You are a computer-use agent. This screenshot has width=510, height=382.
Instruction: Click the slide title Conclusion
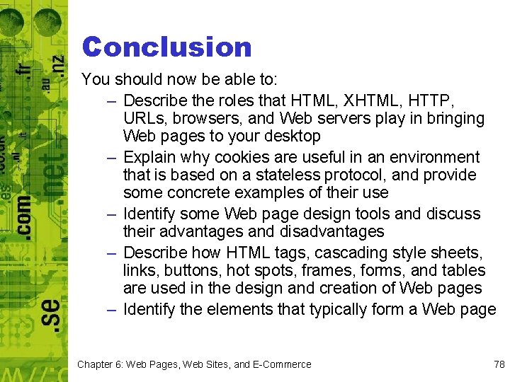(x=166, y=47)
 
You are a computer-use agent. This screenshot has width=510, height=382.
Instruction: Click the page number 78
(x=499, y=364)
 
